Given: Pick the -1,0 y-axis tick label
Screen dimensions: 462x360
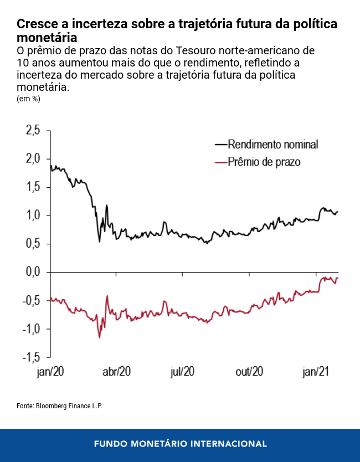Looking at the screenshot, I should point(32,329).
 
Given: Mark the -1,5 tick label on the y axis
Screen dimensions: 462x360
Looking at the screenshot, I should point(32,357).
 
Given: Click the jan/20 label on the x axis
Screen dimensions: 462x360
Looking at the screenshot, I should point(50,372).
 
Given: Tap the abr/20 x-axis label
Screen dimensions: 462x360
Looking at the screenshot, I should point(117,372).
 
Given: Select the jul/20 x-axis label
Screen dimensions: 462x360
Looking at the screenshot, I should point(183,372).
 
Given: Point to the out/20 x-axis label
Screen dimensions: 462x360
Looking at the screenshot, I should point(249,372).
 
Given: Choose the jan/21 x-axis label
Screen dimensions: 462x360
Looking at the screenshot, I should point(316,372).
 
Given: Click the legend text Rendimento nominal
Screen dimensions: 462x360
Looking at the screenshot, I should point(273,145).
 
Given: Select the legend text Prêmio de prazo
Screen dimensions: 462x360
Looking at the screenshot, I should point(264,162).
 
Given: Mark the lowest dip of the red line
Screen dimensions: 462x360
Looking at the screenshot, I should point(100,337).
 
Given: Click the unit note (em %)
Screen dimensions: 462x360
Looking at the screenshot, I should point(28,99).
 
